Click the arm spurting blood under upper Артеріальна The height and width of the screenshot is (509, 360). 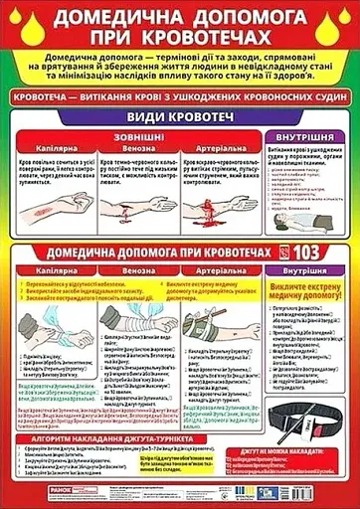click(x=221, y=209)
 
